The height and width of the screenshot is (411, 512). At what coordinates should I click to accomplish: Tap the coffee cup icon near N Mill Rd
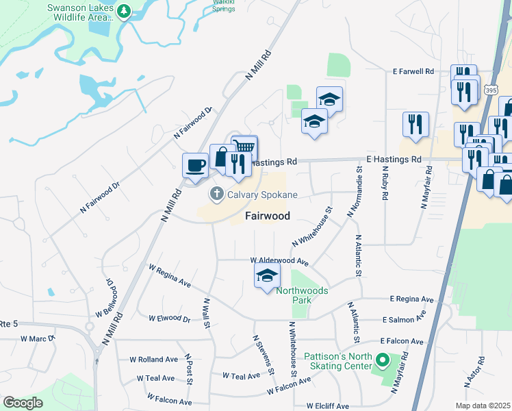click(x=195, y=165)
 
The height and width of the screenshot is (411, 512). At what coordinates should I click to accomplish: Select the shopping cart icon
click(x=244, y=147)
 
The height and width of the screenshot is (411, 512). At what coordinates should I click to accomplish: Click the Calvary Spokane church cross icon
click(x=217, y=195)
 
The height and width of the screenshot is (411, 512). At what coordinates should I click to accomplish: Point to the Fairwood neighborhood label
click(x=268, y=216)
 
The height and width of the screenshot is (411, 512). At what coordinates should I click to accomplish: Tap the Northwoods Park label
click(x=302, y=295)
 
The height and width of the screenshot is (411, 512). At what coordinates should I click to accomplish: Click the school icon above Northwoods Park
click(x=267, y=276)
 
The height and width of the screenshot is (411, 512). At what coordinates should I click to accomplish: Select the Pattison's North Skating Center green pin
click(x=383, y=359)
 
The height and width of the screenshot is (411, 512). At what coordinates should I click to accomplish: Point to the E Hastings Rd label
click(x=394, y=159)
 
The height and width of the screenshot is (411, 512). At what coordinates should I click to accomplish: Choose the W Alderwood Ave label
click(x=279, y=261)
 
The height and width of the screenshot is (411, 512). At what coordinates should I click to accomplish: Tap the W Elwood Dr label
click(x=170, y=319)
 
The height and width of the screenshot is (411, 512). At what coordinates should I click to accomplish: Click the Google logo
click(x=23, y=403)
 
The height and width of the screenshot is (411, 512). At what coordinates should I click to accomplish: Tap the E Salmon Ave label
click(x=404, y=320)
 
